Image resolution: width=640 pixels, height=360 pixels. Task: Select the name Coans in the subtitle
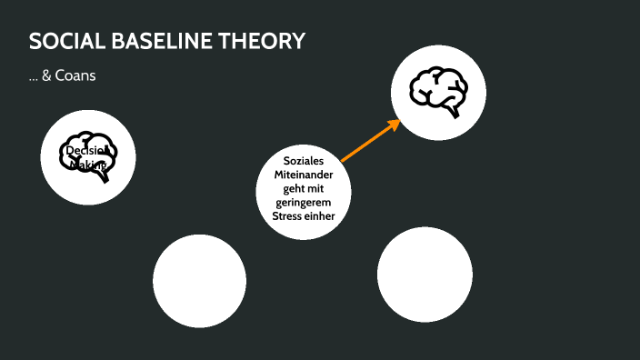(75, 76)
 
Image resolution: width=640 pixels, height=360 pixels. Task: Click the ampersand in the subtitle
(46, 76)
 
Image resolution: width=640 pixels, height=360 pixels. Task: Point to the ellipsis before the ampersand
(33, 78)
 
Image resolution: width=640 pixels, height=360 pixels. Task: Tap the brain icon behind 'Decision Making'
(88, 157)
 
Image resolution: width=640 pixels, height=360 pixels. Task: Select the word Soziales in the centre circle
(304, 160)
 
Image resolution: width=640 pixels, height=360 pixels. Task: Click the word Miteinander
(304, 175)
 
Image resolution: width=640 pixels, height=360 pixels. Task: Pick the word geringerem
(304, 203)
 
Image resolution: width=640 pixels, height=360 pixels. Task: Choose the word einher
(321, 216)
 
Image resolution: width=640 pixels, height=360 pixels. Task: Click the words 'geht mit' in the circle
(304, 188)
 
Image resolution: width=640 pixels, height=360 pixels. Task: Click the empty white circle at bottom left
(199, 280)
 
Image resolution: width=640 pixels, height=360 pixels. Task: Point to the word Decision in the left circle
(87, 150)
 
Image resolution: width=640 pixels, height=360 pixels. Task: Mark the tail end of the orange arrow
(344, 160)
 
